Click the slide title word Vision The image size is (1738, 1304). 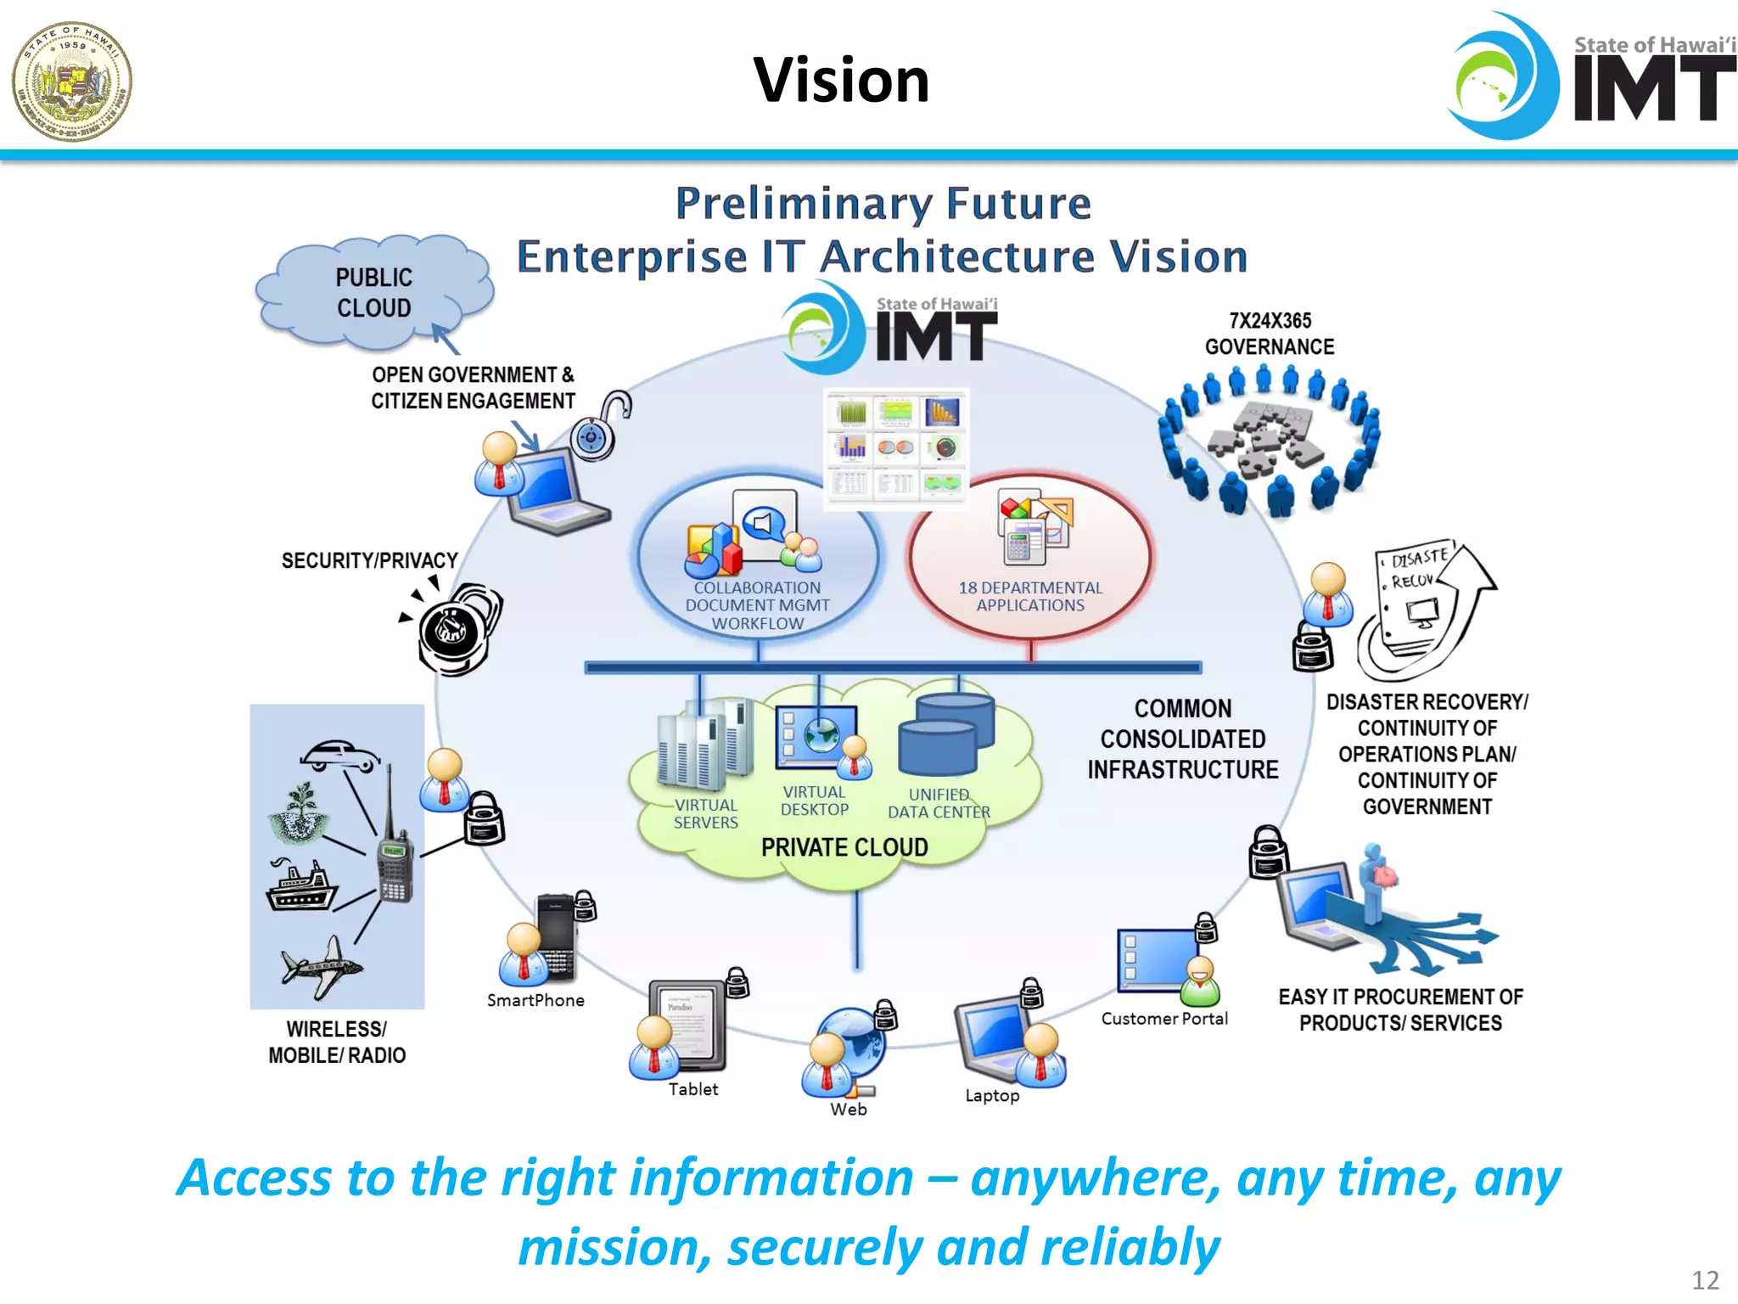tap(841, 81)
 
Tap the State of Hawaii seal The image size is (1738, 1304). tap(72, 81)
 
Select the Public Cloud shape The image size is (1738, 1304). tap(374, 293)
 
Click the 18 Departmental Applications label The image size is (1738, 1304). tap(1029, 596)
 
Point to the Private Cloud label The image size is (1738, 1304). tap(844, 847)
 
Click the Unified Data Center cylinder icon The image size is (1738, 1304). tap(945, 734)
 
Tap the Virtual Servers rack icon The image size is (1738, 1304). tap(704, 743)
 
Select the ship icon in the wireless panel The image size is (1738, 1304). tap(301, 885)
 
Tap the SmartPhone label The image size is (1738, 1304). tap(535, 1001)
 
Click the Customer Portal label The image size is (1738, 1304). tap(1163, 1019)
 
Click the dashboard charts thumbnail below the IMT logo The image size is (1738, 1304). tap(896, 447)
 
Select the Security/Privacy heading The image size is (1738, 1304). tap(369, 560)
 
